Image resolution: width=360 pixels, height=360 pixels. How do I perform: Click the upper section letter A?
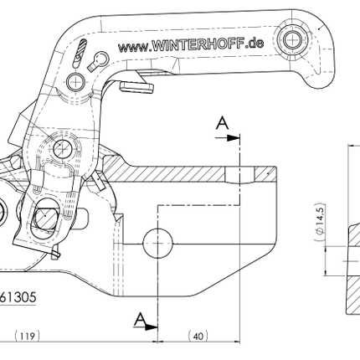(222, 125)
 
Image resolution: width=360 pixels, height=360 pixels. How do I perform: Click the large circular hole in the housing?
(157, 243)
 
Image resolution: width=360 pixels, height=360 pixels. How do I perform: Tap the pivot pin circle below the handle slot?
(76, 81)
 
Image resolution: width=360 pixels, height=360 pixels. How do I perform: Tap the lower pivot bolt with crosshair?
(61, 149)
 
